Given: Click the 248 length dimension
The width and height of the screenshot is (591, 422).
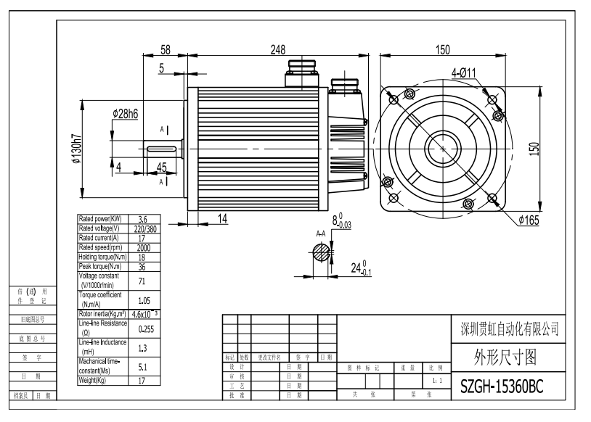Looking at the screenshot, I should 277,50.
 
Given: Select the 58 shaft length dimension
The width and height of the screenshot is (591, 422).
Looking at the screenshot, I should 165,50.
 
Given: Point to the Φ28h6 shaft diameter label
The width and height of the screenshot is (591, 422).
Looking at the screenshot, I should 126,114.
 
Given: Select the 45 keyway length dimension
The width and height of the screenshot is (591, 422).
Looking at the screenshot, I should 161,167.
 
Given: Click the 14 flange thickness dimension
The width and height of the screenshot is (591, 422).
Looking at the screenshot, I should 222,218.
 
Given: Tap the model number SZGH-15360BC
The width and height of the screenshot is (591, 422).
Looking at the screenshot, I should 502,387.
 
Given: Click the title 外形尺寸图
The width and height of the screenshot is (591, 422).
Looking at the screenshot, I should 500,357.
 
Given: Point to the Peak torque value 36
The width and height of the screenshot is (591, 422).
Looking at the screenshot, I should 143,266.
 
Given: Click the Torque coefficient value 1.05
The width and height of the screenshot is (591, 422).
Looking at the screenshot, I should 143,299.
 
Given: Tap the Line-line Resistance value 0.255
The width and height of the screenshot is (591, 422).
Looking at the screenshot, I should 143,328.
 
